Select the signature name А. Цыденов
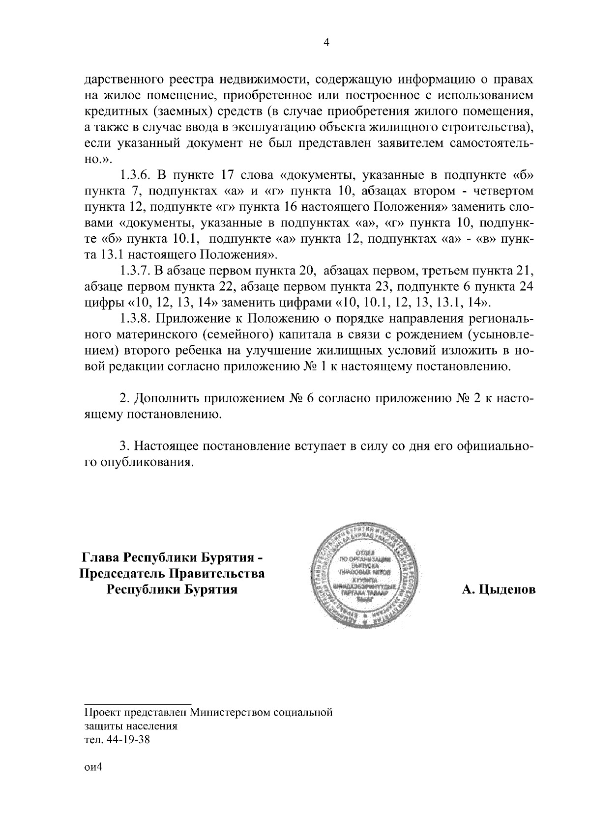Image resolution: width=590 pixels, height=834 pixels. pos(499,589)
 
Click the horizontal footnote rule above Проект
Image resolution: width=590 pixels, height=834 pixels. pos(138,704)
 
